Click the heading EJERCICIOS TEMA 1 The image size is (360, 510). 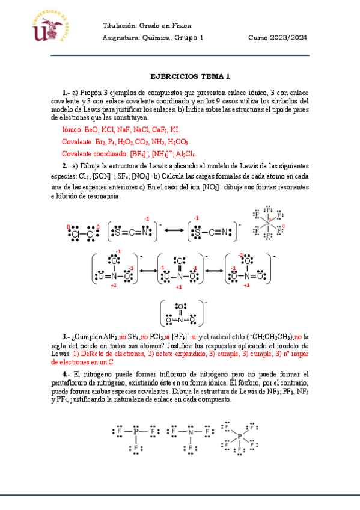click(x=190, y=76)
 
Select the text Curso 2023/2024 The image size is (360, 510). click(x=278, y=37)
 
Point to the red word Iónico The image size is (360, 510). click(x=73, y=129)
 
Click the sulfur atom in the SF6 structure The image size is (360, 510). click(x=269, y=223)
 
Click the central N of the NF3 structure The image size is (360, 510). click(x=191, y=432)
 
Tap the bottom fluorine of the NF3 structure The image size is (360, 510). click(x=191, y=449)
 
